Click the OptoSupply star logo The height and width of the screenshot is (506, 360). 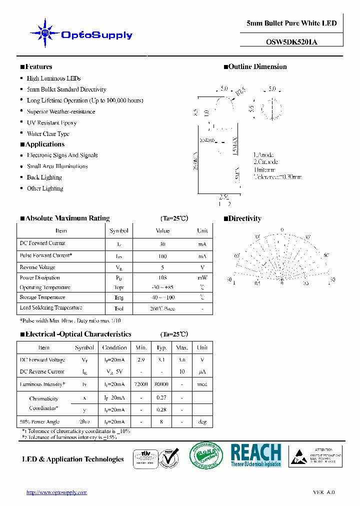click(45, 33)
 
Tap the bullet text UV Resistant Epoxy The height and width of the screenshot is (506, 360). click(51, 122)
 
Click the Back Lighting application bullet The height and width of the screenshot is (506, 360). click(44, 177)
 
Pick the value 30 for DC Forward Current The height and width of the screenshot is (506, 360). click(162, 244)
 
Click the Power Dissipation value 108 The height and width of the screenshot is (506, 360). click(162, 277)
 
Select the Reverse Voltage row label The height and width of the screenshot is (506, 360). click(37, 267)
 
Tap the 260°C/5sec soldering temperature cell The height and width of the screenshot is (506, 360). click(162, 308)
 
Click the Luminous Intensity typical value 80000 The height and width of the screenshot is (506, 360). click(161, 384)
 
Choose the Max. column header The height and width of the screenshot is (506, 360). click(182, 347)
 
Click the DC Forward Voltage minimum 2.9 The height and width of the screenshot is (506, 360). click(141, 360)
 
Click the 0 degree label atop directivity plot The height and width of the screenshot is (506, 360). click(282, 230)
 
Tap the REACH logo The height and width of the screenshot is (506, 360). click(255, 455)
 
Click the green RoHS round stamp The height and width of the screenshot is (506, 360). click(205, 456)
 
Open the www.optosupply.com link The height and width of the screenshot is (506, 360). click(56, 492)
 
